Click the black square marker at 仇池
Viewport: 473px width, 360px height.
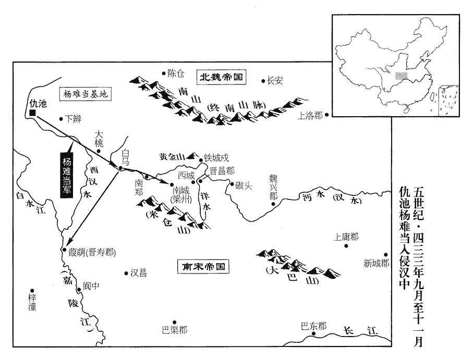(32, 113)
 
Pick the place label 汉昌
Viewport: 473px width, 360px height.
(139, 272)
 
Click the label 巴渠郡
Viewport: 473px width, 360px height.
(174, 330)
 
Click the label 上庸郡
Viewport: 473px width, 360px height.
(346, 237)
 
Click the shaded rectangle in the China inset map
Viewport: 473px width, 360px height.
(401, 76)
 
